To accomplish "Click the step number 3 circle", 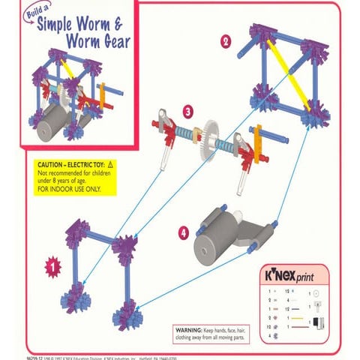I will (x=188, y=111).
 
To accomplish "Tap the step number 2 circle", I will (x=225, y=42).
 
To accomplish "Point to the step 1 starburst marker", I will (x=52, y=265).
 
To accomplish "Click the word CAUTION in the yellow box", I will (x=52, y=163).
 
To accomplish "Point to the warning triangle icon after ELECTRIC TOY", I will (x=110, y=163).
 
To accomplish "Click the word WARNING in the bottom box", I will (x=188, y=330).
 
